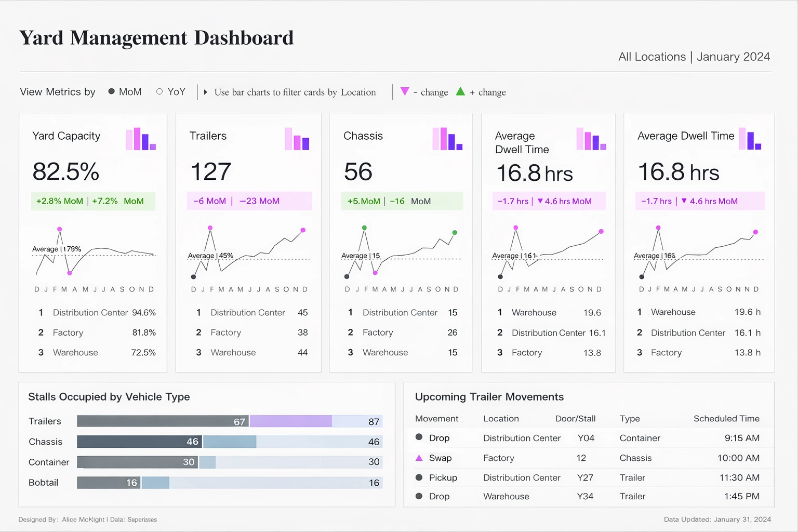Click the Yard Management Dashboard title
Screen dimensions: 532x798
coord(156,38)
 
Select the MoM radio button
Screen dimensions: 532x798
coord(111,91)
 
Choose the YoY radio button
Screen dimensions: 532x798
coord(159,91)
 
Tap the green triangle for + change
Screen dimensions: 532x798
coord(460,92)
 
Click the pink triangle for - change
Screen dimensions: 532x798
coord(405,91)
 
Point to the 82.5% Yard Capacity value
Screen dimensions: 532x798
coord(65,171)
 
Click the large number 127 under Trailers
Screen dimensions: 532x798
coord(210,171)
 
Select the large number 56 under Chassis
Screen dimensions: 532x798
coord(358,171)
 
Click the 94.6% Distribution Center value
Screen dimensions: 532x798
coord(144,312)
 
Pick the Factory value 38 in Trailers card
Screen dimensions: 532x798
coord(302,332)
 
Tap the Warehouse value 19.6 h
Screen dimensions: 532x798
coord(747,312)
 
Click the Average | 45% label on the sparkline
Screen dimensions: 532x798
coord(210,256)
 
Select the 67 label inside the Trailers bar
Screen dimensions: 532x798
coord(239,422)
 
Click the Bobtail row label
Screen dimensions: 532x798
coord(43,483)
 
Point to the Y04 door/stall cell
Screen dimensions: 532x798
coord(586,438)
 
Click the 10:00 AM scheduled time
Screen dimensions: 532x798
coord(738,458)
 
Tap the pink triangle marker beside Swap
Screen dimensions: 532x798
coord(419,458)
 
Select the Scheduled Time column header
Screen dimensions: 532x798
coord(726,419)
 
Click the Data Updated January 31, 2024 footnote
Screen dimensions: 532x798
coord(717,519)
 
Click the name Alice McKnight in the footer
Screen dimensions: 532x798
coord(83,520)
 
